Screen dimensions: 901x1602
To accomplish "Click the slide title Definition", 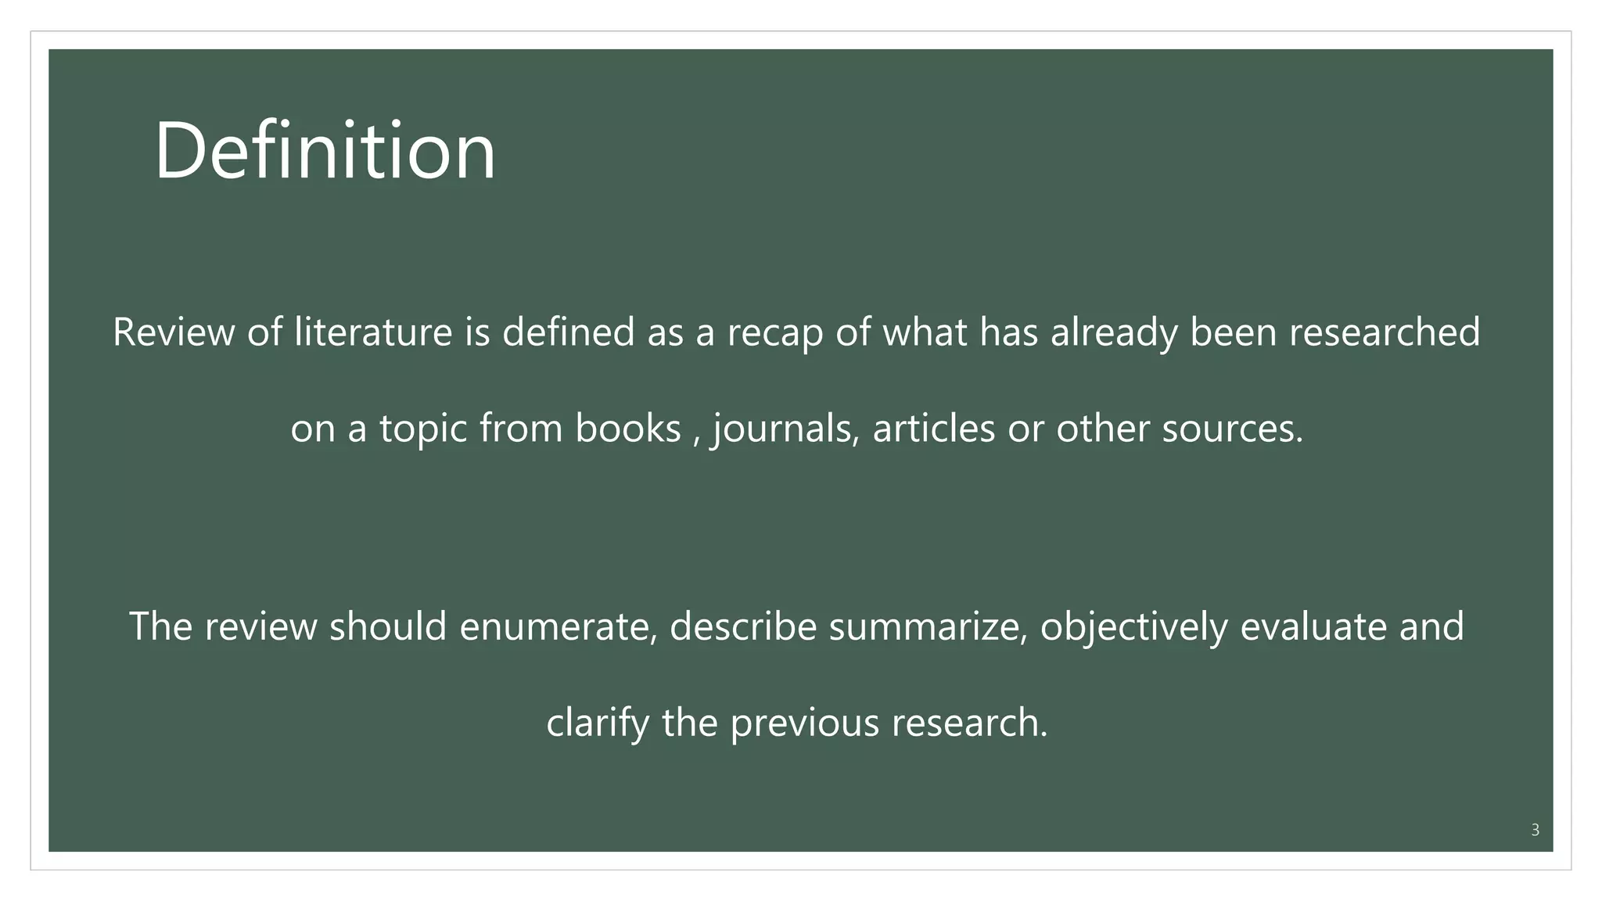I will pyautogui.click(x=325, y=150).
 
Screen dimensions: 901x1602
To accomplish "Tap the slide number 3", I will pyautogui.click(x=1535, y=830).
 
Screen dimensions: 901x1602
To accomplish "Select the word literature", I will pyautogui.click(x=373, y=332).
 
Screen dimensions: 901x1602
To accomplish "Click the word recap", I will pyautogui.click(x=775, y=333).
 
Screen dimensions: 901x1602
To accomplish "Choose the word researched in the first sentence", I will pyautogui.click(x=1385, y=332).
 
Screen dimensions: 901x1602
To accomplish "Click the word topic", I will pyautogui.click(x=423, y=429).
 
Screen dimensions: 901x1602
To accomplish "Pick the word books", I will pyautogui.click(x=628, y=428).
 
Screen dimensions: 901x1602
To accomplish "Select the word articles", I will pyautogui.click(x=933, y=428).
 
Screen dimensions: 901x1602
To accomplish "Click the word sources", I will pyautogui.click(x=1232, y=428).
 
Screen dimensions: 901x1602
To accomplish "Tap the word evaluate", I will pyautogui.click(x=1313, y=626).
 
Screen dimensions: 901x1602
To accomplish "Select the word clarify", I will pyautogui.click(x=598, y=723).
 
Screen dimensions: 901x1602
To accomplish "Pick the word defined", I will pyautogui.click(x=568, y=332).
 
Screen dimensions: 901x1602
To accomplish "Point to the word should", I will pyautogui.click(x=388, y=626).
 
